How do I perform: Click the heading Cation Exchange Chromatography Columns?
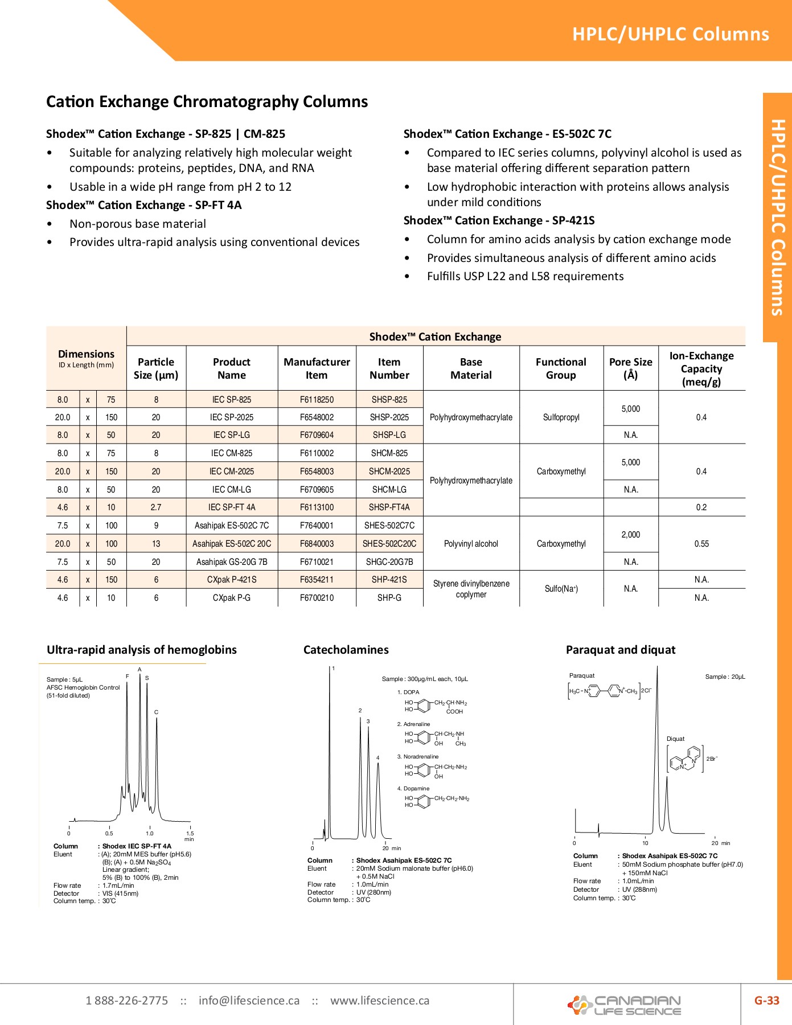(x=207, y=102)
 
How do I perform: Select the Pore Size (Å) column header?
(x=630, y=368)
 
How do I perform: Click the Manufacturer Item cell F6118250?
(x=317, y=400)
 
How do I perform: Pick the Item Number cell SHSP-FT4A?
(x=389, y=507)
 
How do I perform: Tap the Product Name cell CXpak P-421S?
(x=231, y=580)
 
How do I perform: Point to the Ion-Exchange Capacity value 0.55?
(x=701, y=544)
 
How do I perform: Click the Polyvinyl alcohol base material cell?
(x=471, y=544)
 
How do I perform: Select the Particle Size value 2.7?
(x=156, y=507)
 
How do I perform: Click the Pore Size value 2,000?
(x=630, y=535)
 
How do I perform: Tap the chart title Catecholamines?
(x=346, y=650)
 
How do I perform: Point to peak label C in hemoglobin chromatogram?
(x=156, y=712)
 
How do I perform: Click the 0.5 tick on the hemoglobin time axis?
(x=109, y=833)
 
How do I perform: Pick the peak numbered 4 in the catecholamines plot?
(x=377, y=758)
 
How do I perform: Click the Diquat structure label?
(x=675, y=739)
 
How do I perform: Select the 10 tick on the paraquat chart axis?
(x=645, y=843)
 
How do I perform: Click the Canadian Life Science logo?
(x=625, y=1005)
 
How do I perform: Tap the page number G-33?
(x=766, y=1001)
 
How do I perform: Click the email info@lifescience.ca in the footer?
(x=249, y=1001)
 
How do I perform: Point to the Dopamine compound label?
(x=416, y=789)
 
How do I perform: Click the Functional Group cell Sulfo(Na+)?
(x=561, y=589)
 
